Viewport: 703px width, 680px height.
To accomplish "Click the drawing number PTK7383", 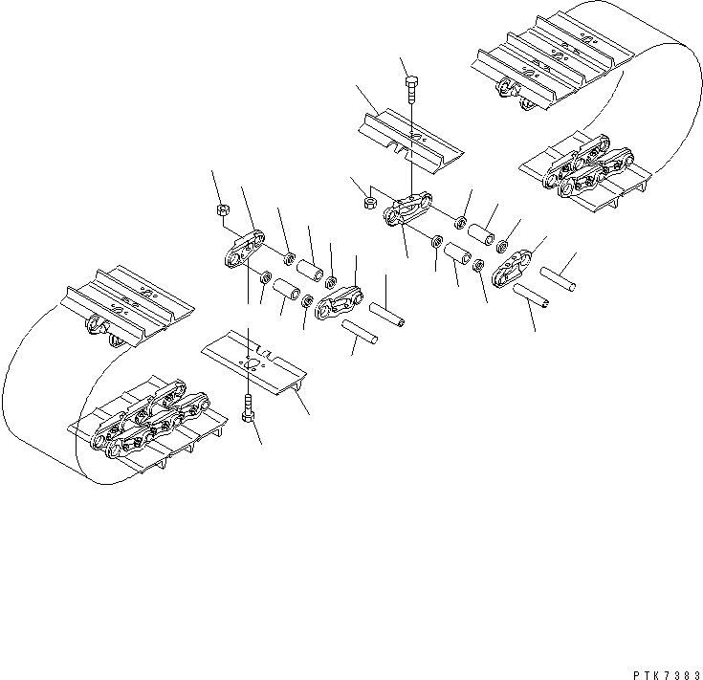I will pyautogui.click(x=661, y=671).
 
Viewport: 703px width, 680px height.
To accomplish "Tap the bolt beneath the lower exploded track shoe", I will pyautogui.click(x=250, y=410).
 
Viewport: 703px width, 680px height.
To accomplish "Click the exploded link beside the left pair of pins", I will pyautogui.click(x=336, y=303).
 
